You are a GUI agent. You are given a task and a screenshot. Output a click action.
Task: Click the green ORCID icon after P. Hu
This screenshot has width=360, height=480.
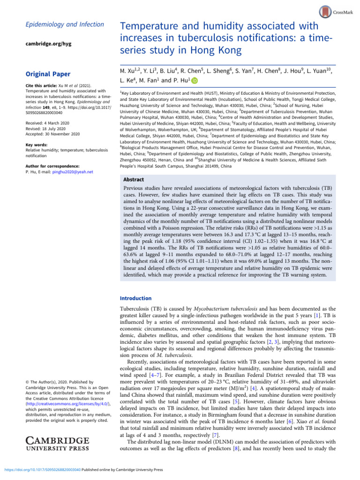point(195,82)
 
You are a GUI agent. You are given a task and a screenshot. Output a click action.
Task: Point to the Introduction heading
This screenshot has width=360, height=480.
point(136,298)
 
